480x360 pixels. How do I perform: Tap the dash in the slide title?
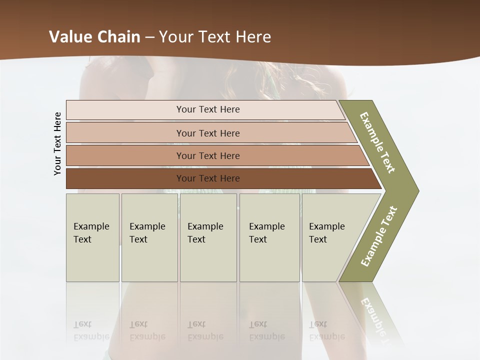pyautogui.click(x=149, y=37)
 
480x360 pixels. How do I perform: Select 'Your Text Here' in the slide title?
pyautogui.click(x=215, y=37)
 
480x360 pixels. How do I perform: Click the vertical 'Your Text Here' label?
pyautogui.click(x=57, y=144)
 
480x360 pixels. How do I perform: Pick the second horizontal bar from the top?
pyautogui.click(x=208, y=133)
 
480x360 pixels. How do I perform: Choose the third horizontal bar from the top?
pyautogui.click(x=208, y=155)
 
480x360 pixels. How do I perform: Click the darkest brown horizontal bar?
pyautogui.click(x=208, y=178)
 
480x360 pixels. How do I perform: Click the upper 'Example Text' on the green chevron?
pyautogui.click(x=377, y=142)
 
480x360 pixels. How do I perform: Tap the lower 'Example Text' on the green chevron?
pyautogui.click(x=379, y=236)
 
